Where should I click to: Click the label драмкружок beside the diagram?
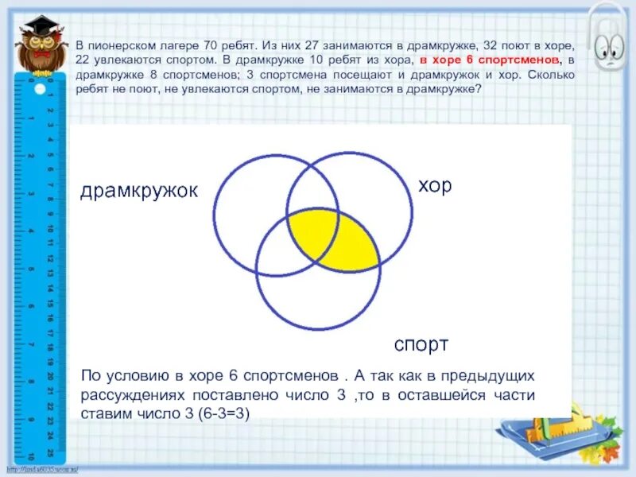click(138, 192)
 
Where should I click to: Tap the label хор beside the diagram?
click(435, 186)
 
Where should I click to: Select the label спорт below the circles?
click(421, 345)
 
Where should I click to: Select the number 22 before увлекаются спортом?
click(86, 60)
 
